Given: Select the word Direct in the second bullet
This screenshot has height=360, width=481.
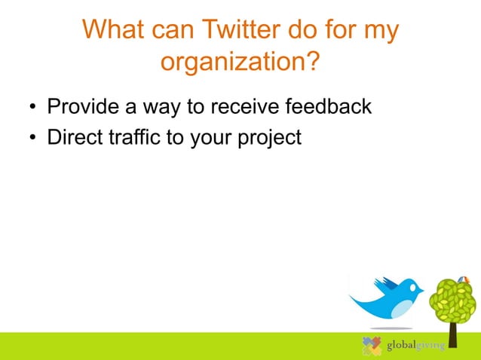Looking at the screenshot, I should [x=75, y=139].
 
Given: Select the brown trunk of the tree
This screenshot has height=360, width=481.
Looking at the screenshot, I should [x=452, y=332].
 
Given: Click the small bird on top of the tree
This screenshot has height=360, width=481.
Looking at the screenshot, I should [x=463, y=279].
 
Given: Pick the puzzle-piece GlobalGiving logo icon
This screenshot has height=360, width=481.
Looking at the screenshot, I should [x=372, y=345].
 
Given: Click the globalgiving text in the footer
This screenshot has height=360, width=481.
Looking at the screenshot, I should [x=415, y=346].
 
